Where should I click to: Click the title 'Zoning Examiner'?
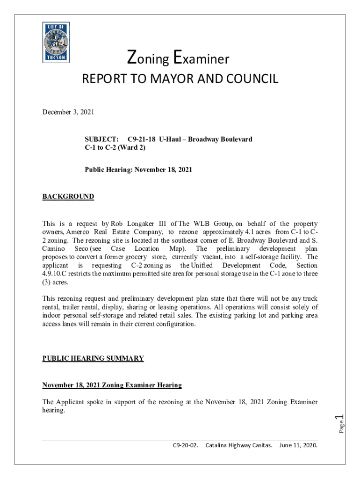coord(178,58)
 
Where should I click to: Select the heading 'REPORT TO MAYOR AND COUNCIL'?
coord(180,79)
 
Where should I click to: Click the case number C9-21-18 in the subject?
coord(142,139)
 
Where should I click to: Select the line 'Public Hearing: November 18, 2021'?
coord(138,170)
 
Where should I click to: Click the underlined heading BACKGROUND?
coord(68,196)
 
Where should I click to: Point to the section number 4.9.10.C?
coord(54,274)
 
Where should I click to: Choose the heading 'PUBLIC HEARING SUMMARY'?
coord(93,358)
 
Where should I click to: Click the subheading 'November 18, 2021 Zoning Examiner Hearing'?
coord(112,385)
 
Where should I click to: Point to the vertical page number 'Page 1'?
coord(341,423)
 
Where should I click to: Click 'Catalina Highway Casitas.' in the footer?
coord(239,446)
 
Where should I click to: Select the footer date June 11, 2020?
coord(298,446)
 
